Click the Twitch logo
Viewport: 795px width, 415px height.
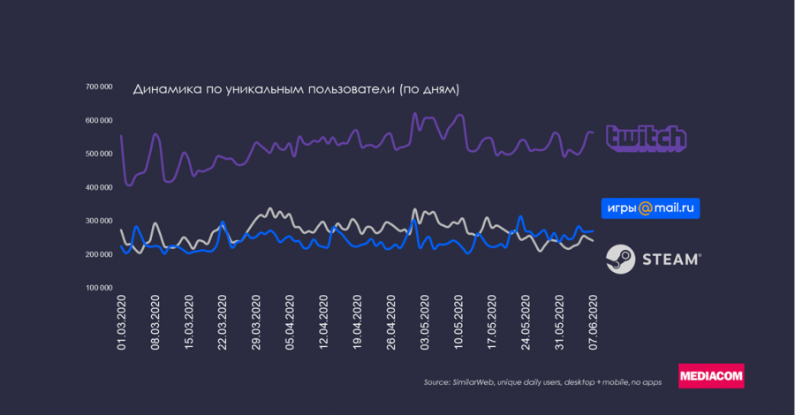pos(646,139)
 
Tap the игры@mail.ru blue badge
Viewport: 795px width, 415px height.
pos(651,208)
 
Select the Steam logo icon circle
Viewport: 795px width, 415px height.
pos(619,259)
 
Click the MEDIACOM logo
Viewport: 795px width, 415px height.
pos(711,376)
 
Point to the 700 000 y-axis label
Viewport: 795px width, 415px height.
pos(98,87)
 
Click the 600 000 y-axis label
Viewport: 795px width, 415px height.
pos(98,120)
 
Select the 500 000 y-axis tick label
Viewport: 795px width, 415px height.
pos(98,154)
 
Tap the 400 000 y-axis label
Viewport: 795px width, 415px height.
pos(98,187)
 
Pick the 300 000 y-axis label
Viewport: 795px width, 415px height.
pos(98,221)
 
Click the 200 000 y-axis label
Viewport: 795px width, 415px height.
pos(98,254)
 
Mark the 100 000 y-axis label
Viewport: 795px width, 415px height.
pos(98,288)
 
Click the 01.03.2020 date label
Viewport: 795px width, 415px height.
pos(122,323)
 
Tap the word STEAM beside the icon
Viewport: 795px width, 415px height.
pos(670,259)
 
